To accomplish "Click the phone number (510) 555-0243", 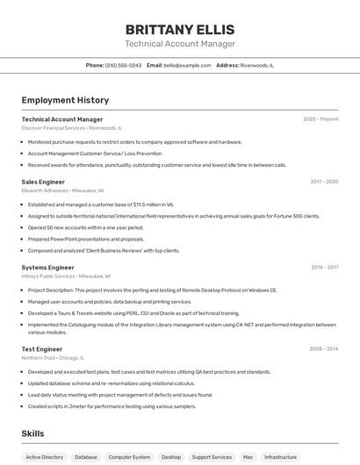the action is pyautogui.click(x=123, y=65).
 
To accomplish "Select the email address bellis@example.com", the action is pyautogui.click(x=187, y=65).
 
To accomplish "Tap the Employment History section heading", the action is pyautogui.click(x=58, y=100).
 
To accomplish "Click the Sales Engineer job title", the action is pyautogui.click(x=43, y=182).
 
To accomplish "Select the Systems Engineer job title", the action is pyautogui.click(x=47, y=267).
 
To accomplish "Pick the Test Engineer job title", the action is pyautogui.click(x=41, y=349).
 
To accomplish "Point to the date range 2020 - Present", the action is pyautogui.click(x=320, y=119).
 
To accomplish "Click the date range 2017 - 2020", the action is pyautogui.click(x=324, y=182).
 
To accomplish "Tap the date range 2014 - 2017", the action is pyautogui.click(x=324, y=267).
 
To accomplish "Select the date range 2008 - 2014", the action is pyautogui.click(x=324, y=349).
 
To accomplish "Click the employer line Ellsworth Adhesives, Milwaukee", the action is pyautogui.click(x=62, y=190).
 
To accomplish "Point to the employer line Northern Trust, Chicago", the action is pyautogui.click(x=53, y=358).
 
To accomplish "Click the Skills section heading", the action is pyautogui.click(x=33, y=433).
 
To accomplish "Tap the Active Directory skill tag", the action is pyautogui.click(x=45, y=457).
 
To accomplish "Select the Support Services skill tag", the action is pyautogui.click(x=212, y=457).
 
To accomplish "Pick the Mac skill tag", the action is pyautogui.click(x=248, y=457).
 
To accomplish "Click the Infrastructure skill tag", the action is pyautogui.click(x=281, y=457).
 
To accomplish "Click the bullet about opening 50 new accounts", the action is pyautogui.click(x=85, y=227).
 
